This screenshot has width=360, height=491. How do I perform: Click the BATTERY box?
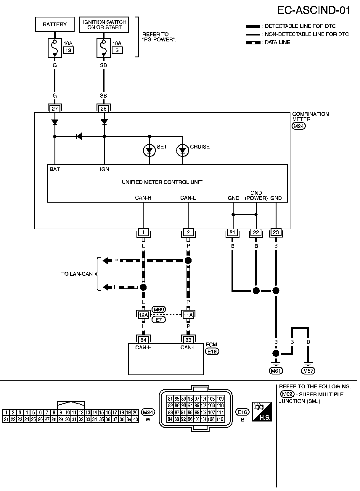pyautogui.click(x=55, y=24)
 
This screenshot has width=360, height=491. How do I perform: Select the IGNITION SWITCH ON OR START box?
pyautogui.click(x=104, y=25)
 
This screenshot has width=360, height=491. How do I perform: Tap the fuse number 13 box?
pyautogui.click(x=68, y=50)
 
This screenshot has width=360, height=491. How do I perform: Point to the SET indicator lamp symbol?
pyautogui.click(x=150, y=150)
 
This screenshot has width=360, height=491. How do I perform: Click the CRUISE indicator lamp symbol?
pyautogui.click(x=183, y=150)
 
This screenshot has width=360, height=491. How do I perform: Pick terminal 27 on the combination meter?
pyautogui.click(x=55, y=109)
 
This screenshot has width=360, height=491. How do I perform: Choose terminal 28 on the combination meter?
pyautogui.click(x=104, y=109)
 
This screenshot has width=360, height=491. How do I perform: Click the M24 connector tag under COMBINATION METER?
pyautogui.click(x=299, y=126)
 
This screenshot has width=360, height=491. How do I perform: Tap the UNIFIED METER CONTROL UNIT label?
pyautogui.click(x=162, y=182)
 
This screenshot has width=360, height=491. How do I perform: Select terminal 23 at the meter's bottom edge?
pyautogui.click(x=276, y=232)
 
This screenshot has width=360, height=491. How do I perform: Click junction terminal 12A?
pyautogui.click(x=143, y=315)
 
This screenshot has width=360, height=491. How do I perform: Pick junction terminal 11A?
pyautogui.click(x=188, y=315)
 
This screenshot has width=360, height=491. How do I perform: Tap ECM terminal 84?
pyautogui.click(x=143, y=340)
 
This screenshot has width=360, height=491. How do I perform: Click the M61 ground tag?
pyautogui.click(x=276, y=371)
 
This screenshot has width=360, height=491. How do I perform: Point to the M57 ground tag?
pyautogui.click(x=308, y=371)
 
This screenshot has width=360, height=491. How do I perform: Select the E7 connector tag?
pyautogui.click(x=159, y=320)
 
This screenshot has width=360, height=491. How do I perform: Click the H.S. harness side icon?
pyautogui.click(x=262, y=411)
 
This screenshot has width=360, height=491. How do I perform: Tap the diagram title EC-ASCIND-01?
pyautogui.click(x=314, y=10)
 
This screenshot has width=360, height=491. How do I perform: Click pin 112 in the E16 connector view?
pyautogui.click(x=220, y=419)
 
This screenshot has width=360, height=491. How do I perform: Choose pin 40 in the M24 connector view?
pyautogui.click(x=136, y=419)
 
